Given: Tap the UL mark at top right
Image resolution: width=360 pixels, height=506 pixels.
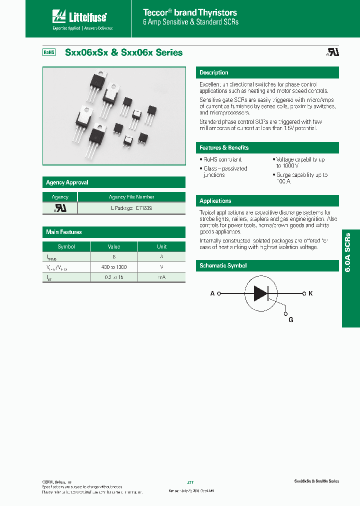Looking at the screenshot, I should (333, 52).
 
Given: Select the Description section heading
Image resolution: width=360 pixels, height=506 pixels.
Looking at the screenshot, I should (214, 72).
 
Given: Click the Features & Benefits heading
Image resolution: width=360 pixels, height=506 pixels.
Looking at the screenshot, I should (224, 148).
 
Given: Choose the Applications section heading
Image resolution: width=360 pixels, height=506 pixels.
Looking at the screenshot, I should (215, 201).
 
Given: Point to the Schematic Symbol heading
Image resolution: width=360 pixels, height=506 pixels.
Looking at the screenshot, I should (223, 266).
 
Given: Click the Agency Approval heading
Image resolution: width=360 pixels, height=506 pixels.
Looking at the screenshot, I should (67, 182).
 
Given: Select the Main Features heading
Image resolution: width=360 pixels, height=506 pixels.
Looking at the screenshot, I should (64, 232).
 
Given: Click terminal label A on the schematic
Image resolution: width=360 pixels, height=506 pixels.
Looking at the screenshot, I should (212, 293).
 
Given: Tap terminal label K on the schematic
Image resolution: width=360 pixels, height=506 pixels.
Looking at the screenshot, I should (310, 293).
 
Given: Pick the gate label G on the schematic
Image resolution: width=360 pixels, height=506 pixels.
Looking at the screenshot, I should (290, 319).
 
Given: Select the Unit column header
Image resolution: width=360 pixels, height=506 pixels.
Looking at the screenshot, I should (161, 246).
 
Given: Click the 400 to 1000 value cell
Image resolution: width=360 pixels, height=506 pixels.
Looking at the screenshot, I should (114, 267).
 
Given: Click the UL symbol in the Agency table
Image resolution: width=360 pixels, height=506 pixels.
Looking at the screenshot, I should (60, 207).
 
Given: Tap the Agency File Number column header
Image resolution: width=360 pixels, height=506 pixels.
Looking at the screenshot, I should (131, 197).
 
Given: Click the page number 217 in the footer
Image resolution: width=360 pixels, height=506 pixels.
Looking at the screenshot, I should (190, 482).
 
